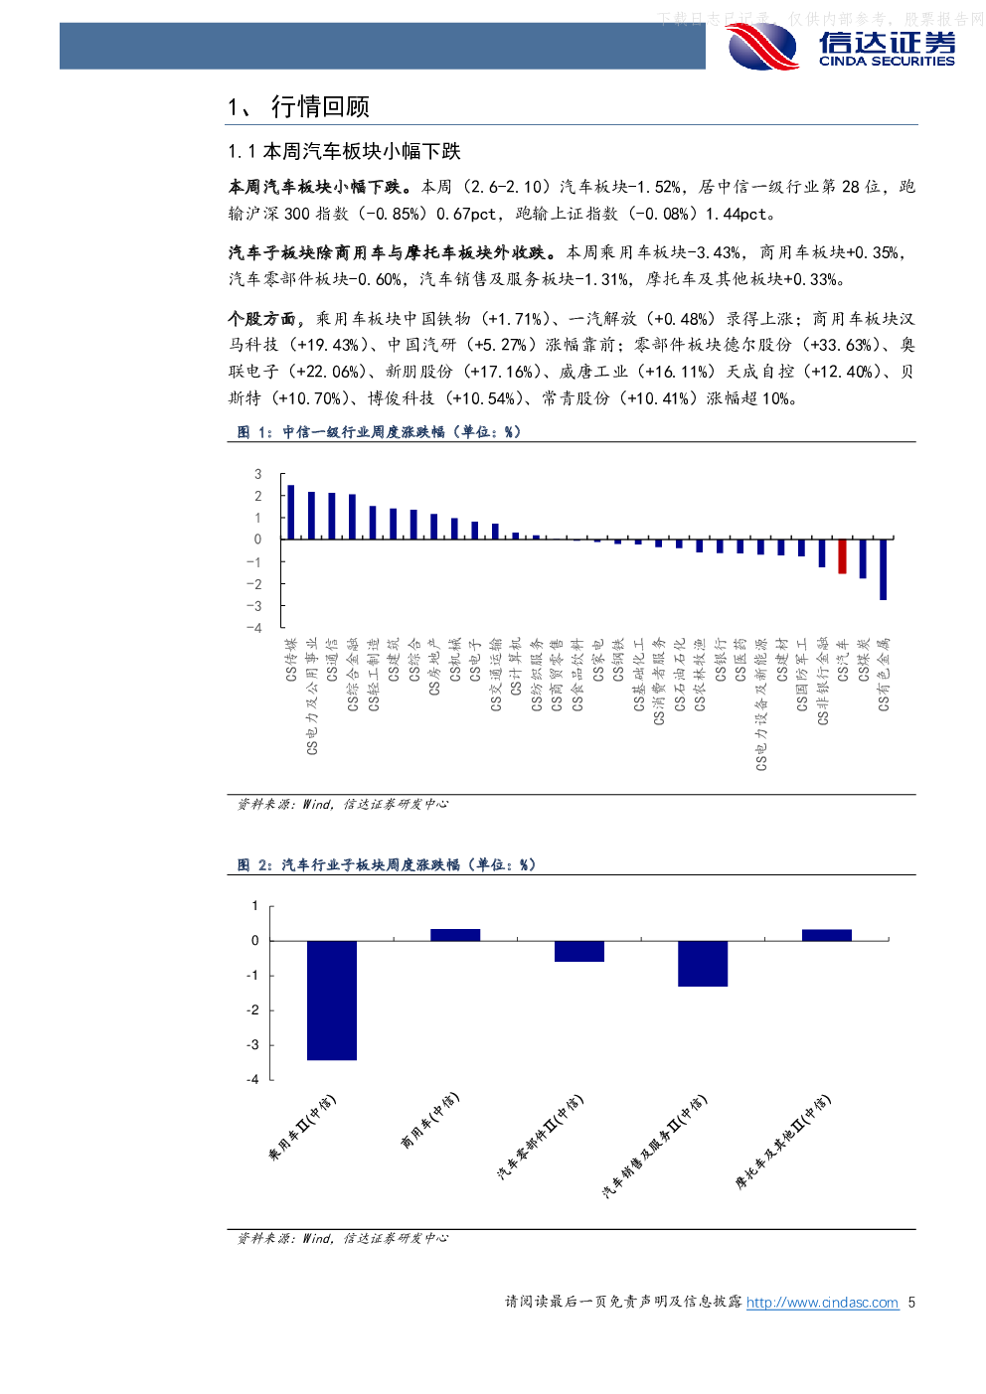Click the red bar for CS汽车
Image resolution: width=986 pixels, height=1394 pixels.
tap(842, 556)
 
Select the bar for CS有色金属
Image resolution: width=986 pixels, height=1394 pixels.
tap(883, 569)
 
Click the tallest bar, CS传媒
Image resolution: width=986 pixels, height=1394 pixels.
tap(290, 513)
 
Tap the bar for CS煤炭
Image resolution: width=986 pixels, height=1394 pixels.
tap(863, 558)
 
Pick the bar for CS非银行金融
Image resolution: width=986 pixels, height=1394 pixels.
tap(822, 553)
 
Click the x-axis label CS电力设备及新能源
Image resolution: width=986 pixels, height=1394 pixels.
tap(761, 704)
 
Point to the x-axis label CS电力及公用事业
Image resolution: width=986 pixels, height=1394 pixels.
tap(312, 696)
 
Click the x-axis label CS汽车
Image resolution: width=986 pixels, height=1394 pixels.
tap(843, 660)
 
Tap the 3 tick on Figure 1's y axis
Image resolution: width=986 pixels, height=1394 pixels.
tap(257, 474)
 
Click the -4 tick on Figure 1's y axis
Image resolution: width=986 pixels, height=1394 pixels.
tap(255, 628)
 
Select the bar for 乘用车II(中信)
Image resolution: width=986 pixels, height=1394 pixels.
tap(332, 1000)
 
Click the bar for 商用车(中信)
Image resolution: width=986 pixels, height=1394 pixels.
tap(455, 935)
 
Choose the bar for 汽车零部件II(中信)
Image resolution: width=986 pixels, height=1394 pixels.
tap(579, 951)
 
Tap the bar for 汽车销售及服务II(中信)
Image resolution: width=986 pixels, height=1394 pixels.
tap(703, 963)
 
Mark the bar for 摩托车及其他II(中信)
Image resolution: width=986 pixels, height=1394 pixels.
tap(827, 935)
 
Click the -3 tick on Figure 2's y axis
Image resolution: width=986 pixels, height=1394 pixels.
tap(253, 1044)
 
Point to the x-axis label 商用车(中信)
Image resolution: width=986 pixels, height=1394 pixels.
tap(429, 1121)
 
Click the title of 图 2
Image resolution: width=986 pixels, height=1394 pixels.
tap(387, 864)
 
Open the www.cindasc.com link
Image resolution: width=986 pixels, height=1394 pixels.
tap(822, 1303)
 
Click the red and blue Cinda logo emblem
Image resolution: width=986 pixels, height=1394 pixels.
tap(762, 47)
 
